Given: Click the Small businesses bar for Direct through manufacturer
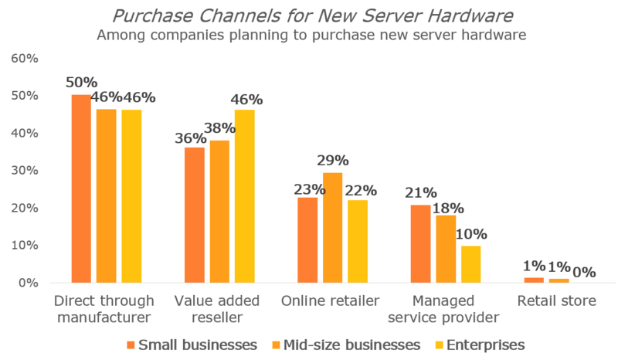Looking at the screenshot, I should pyautogui.click(x=81, y=188).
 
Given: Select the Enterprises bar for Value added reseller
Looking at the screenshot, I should pyautogui.click(x=244, y=196).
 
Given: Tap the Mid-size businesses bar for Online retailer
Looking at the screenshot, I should pyautogui.click(x=332, y=228).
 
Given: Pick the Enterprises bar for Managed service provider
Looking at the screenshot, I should pyautogui.click(x=470, y=264).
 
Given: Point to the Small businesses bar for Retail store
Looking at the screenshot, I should pyautogui.click(x=534, y=280).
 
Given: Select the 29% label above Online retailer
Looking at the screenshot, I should pyautogui.click(x=332, y=161).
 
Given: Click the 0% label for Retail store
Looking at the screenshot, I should pyautogui.click(x=583, y=272).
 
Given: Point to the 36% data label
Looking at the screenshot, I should pyautogui.click(x=190, y=138).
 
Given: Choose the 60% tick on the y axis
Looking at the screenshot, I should pyautogui.click(x=23, y=59).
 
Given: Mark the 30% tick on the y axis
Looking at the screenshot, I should pyautogui.click(x=23, y=171).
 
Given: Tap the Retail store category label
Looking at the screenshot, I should pyautogui.click(x=559, y=301).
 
